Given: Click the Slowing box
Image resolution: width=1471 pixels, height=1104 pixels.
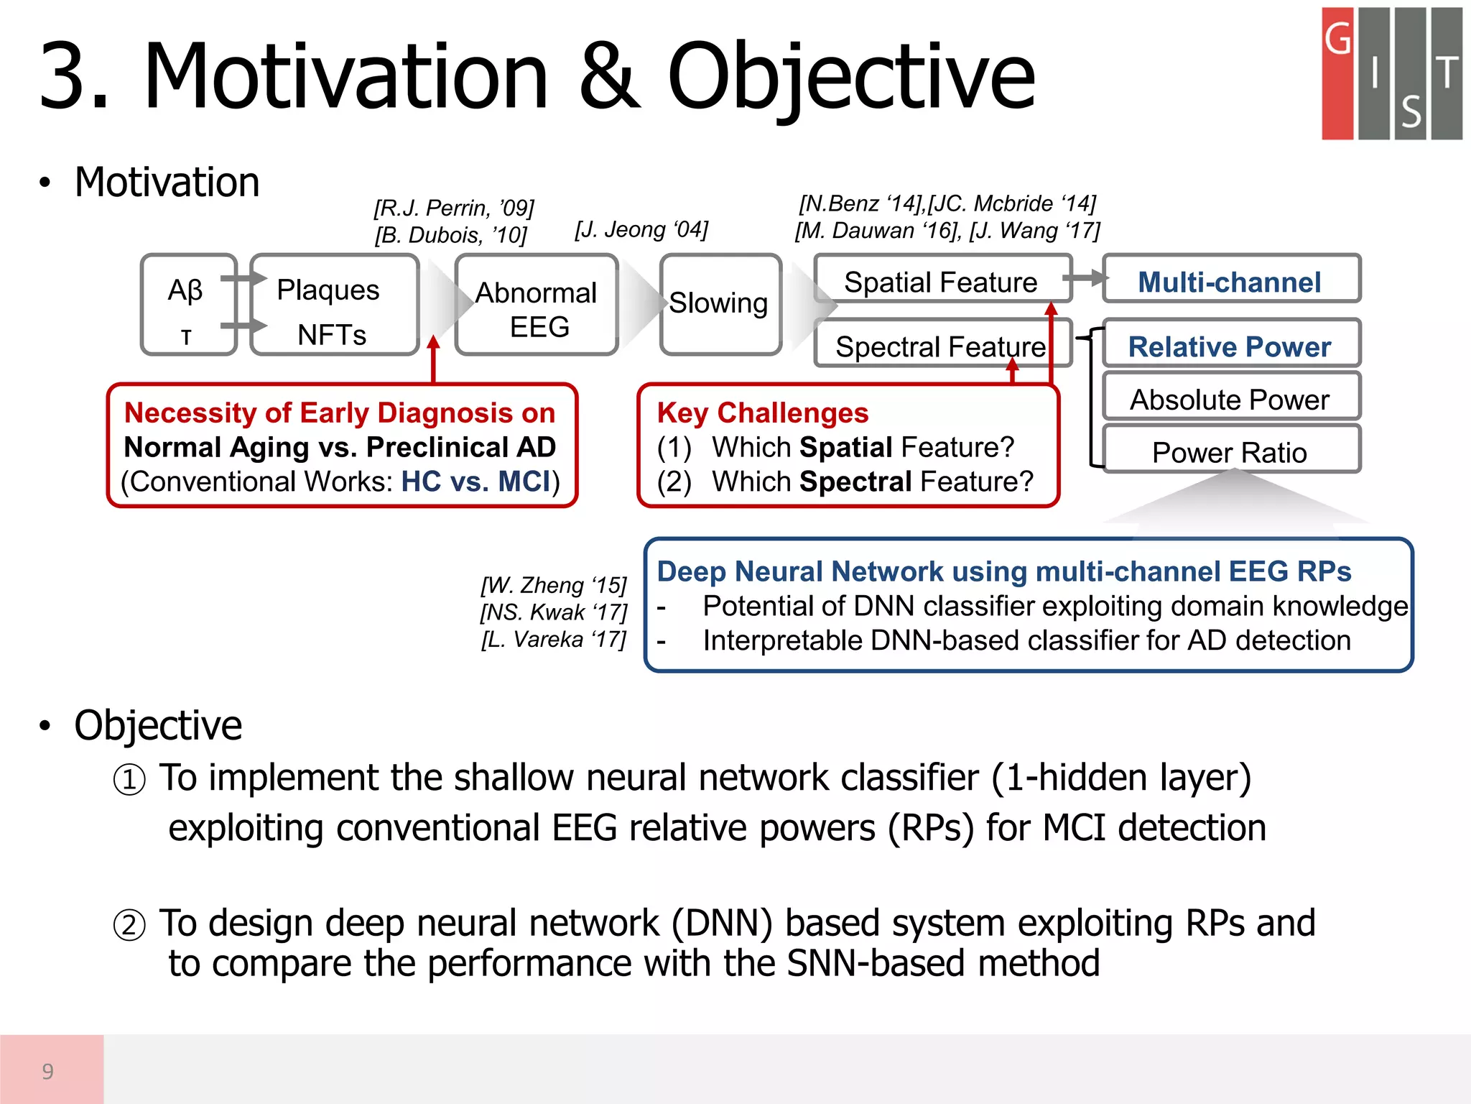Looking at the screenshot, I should (720, 304).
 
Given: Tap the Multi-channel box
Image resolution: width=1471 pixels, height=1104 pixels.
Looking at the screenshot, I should (1230, 281).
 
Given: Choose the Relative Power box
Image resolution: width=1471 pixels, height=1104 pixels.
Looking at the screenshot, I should (1230, 346).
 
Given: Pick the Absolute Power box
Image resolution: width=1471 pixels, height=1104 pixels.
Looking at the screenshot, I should (1230, 399).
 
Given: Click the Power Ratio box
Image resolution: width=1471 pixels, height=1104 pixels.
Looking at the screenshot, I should (1230, 452).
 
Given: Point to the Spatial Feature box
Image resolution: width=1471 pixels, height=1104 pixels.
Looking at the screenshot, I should (941, 281).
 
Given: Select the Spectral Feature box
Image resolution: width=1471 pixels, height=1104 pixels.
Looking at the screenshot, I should (941, 346).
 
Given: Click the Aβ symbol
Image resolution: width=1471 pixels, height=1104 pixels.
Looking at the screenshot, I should (185, 290).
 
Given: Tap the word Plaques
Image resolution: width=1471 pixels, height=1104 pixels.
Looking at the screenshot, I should (328, 290).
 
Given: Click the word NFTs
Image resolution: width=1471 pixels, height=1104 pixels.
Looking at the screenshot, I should (332, 335).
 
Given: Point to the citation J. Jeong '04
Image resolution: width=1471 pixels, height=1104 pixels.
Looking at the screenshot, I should (641, 229).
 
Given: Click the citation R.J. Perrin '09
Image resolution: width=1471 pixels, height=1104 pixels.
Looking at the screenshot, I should (454, 208).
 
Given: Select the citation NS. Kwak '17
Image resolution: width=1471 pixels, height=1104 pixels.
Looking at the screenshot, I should (554, 612).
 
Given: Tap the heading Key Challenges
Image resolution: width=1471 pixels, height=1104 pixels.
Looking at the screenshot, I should (763, 413).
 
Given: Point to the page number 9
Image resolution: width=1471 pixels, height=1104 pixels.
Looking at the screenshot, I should (48, 1071).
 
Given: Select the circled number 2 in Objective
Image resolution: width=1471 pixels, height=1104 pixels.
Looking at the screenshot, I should (129, 925).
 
